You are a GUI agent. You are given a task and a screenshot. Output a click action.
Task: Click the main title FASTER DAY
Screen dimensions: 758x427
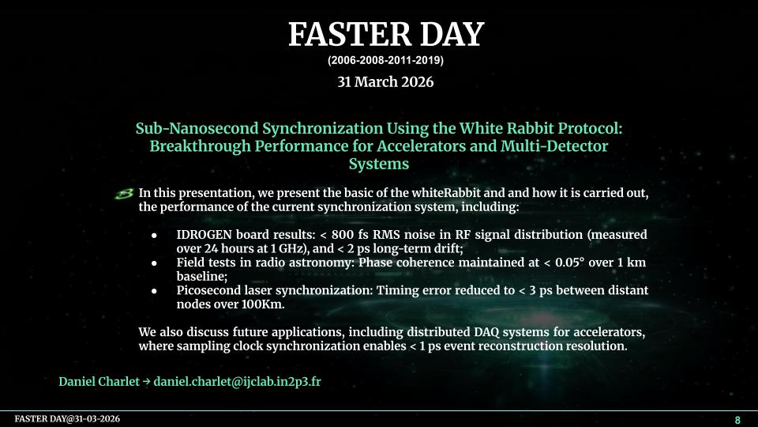tap(386, 34)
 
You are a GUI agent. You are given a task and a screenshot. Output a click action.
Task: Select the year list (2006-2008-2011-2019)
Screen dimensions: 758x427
tap(385, 61)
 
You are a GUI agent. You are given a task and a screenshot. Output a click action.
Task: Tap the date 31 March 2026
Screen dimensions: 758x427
tap(385, 81)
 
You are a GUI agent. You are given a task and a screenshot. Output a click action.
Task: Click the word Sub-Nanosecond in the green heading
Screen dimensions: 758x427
tap(197, 128)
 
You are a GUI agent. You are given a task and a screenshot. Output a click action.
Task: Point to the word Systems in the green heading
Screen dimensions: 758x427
tap(379, 164)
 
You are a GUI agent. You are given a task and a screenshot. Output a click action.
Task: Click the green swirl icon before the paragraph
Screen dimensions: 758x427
tap(124, 194)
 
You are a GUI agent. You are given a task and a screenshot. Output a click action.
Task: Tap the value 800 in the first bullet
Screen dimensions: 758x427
tap(343, 235)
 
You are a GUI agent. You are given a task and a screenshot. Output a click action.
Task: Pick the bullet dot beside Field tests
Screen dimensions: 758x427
tap(154, 263)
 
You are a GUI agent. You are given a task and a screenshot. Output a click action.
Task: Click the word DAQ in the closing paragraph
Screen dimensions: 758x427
tap(484, 332)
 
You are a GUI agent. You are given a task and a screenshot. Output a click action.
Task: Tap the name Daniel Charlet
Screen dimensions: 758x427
tap(99, 381)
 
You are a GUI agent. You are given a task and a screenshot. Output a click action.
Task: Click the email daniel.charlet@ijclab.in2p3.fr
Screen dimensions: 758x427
tap(238, 381)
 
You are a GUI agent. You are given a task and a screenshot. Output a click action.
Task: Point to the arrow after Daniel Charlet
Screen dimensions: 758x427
tap(147, 381)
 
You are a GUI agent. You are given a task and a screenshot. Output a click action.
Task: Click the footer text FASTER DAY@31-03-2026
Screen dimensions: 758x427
tap(67, 419)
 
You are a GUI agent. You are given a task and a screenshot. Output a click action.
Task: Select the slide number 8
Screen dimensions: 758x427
tap(737, 420)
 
